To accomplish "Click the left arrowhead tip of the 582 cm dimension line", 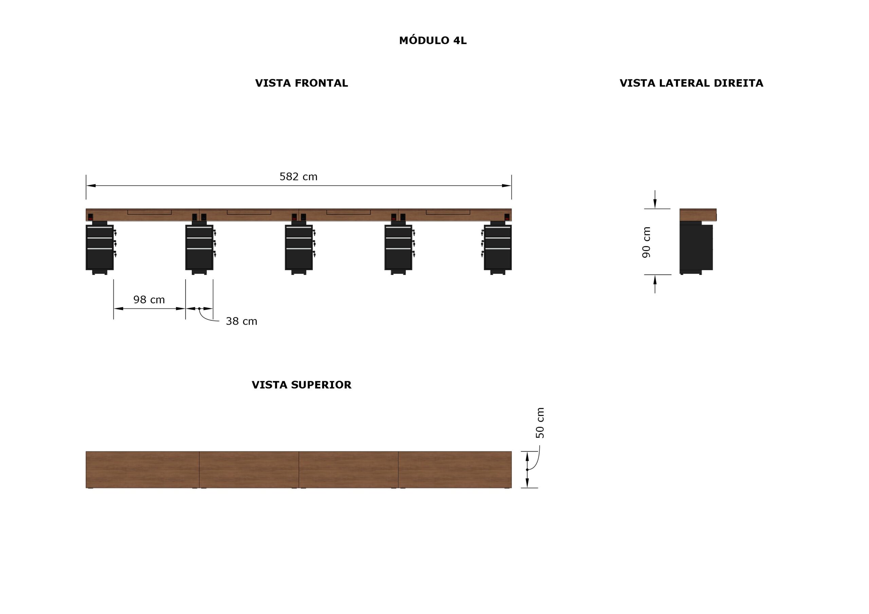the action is [86, 186].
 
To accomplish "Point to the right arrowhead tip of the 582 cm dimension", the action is [511, 186].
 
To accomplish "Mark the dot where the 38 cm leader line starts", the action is [200, 309].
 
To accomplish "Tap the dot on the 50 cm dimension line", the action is [527, 469].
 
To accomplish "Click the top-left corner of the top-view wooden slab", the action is [86, 451].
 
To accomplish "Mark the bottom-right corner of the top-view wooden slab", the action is [512, 488].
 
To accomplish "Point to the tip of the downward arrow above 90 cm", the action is [655, 208].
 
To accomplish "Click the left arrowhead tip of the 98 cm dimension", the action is [114, 309].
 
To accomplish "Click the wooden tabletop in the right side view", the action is [698, 215].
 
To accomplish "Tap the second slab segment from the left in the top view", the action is [249, 469].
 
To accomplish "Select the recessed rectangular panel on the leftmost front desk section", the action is [149, 212].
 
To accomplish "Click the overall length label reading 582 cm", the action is [298, 177].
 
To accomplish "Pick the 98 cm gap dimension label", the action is [149, 300].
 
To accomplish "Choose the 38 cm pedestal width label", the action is [241, 321].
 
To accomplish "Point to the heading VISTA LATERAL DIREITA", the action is [691, 83].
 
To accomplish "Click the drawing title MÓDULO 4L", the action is [433, 40].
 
